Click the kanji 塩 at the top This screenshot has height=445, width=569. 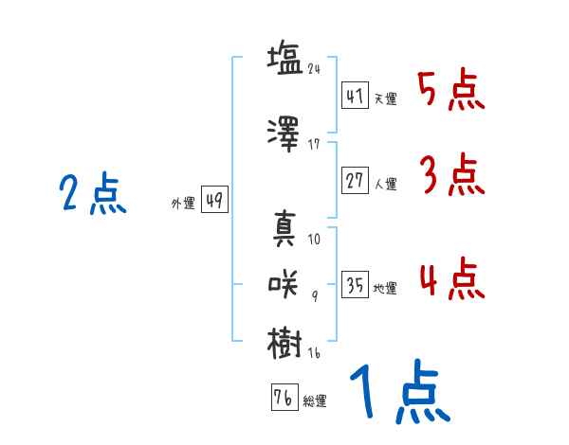click(285, 59)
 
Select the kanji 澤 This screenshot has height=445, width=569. click(284, 133)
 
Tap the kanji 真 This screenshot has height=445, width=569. click(284, 228)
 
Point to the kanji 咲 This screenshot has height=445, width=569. click(283, 284)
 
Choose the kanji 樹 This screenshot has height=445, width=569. click(284, 343)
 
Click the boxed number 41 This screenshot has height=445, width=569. click(355, 96)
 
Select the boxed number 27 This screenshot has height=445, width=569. click(355, 180)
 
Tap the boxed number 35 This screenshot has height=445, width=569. click(355, 284)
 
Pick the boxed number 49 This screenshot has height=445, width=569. click(214, 200)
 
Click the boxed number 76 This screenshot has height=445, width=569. click(284, 397)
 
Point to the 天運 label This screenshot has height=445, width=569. click(385, 98)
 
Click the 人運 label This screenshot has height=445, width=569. click(385, 184)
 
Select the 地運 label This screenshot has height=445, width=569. click(385, 289)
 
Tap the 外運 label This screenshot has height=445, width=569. click(183, 204)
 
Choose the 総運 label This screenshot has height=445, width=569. click(315, 401)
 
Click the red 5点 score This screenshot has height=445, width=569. click(451, 90)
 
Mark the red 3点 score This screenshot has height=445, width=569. click(452, 174)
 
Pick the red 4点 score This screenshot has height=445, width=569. click(452, 278)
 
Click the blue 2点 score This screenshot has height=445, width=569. click(93, 193)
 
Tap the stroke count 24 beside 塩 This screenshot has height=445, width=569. click(314, 69)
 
